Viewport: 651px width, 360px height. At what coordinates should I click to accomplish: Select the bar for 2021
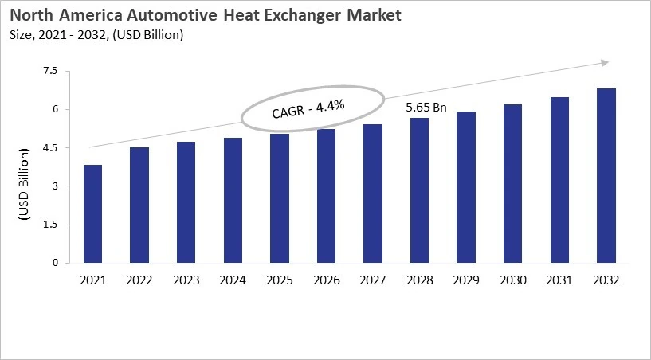[92, 213]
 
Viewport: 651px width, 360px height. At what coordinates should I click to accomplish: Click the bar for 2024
[233, 200]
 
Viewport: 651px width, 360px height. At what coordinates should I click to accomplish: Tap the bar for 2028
[419, 190]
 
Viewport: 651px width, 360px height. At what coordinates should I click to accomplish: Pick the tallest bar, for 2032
[606, 175]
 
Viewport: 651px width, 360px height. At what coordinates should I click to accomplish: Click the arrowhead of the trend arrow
[606, 62]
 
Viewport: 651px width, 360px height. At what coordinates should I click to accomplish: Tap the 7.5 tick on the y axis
[50, 71]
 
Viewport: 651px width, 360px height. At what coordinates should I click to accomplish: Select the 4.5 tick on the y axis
[50, 148]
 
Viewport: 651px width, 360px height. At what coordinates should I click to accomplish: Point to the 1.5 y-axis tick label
[50, 225]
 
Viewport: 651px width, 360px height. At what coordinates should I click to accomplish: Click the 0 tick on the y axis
[56, 263]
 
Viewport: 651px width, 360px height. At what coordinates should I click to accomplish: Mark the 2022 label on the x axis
[139, 280]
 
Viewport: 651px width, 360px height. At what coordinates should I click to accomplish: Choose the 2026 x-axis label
[326, 280]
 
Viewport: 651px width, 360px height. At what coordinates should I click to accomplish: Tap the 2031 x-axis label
[559, 280]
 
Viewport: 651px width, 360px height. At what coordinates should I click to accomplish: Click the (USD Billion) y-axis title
[24, 186]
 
